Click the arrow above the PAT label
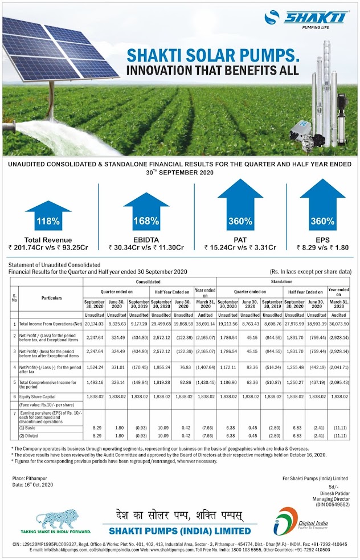[240, 206]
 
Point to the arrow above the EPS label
[322, 206]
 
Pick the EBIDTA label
[146, 239]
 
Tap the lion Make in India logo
[56, 520]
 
